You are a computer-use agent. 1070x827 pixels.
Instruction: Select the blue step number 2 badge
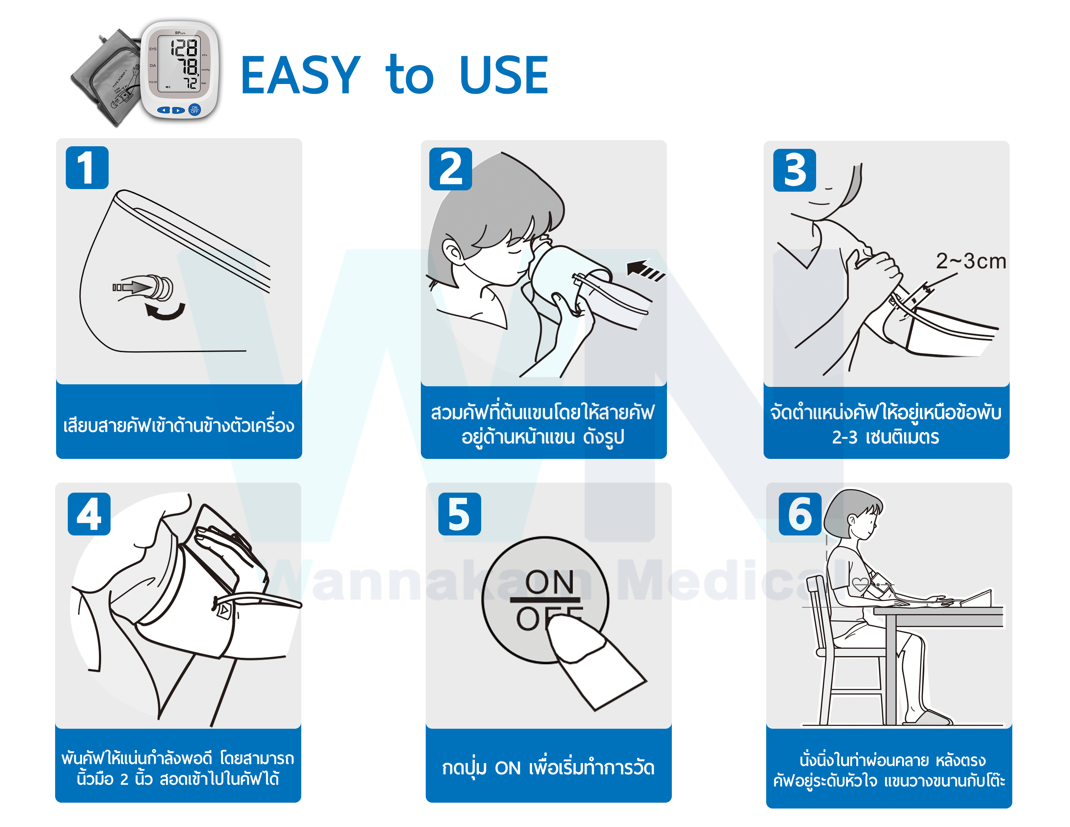click(450, 169)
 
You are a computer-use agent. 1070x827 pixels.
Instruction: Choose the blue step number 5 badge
click(459, 514)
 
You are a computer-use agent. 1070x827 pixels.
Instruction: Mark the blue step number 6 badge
click(800, 514)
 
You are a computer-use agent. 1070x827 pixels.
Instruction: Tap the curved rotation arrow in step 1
click(166, 311)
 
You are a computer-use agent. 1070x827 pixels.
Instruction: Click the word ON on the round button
click(549, 582)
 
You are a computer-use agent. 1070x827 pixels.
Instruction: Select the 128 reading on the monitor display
click(184, 48)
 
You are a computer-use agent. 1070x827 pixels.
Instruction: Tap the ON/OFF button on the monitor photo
click(195, 110)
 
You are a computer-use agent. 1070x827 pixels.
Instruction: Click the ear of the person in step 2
click(452, 252)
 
